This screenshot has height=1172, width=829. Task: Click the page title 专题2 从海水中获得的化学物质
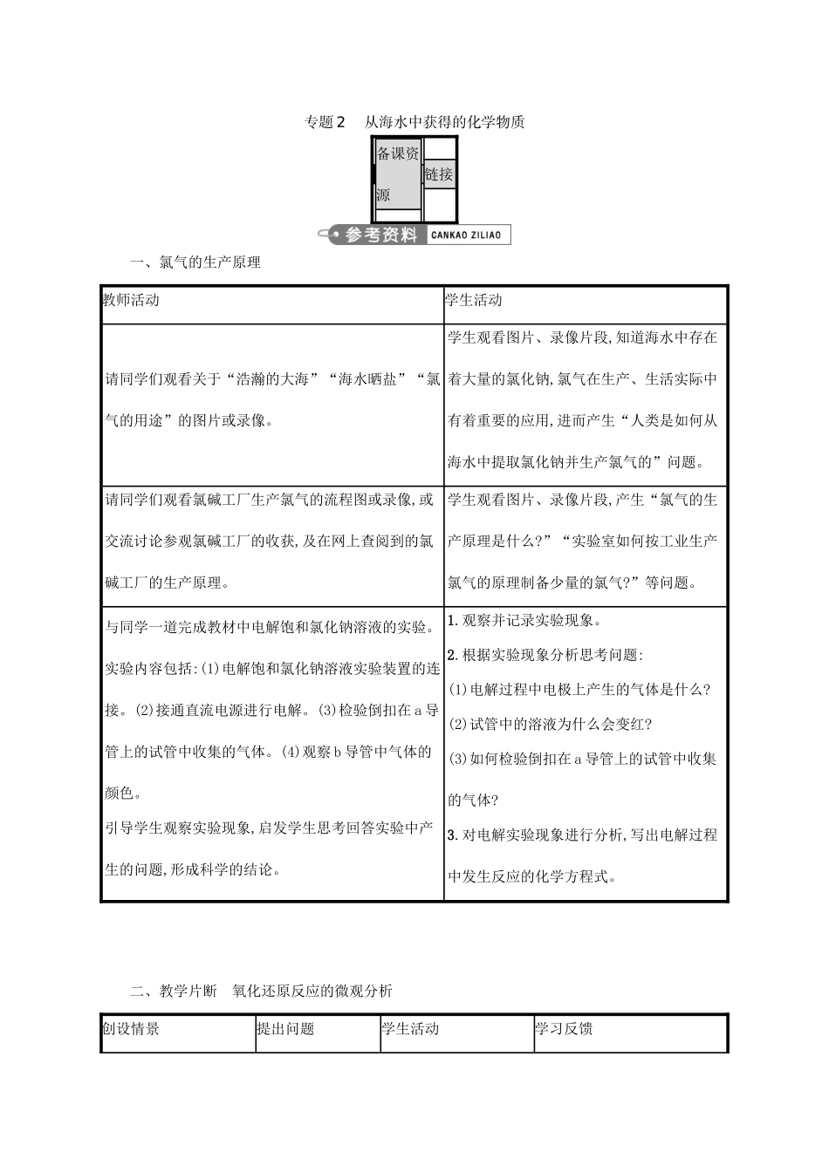point(414,122)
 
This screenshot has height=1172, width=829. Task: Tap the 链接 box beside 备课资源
point(439,174)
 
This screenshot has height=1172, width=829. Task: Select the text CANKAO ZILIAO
point(466,235)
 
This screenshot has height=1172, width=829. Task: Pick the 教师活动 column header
point(131,300)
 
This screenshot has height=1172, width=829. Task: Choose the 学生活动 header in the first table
point(474,300)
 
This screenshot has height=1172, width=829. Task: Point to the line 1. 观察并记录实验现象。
point(525,621)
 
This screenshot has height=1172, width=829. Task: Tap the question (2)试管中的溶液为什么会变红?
point(551,724)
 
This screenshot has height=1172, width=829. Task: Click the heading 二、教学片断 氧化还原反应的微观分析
point(261,991)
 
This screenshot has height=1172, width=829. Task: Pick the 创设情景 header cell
point(131,1029)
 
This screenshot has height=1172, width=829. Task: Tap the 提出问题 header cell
point(284,1029)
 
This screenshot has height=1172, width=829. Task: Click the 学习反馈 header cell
point(564,1029)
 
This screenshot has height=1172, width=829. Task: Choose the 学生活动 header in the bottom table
point(410,1029)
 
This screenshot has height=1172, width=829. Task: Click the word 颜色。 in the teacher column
point(123,793)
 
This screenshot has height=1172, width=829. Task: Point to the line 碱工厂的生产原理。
point(168,583)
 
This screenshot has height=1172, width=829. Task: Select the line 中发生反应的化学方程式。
point(532,876)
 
